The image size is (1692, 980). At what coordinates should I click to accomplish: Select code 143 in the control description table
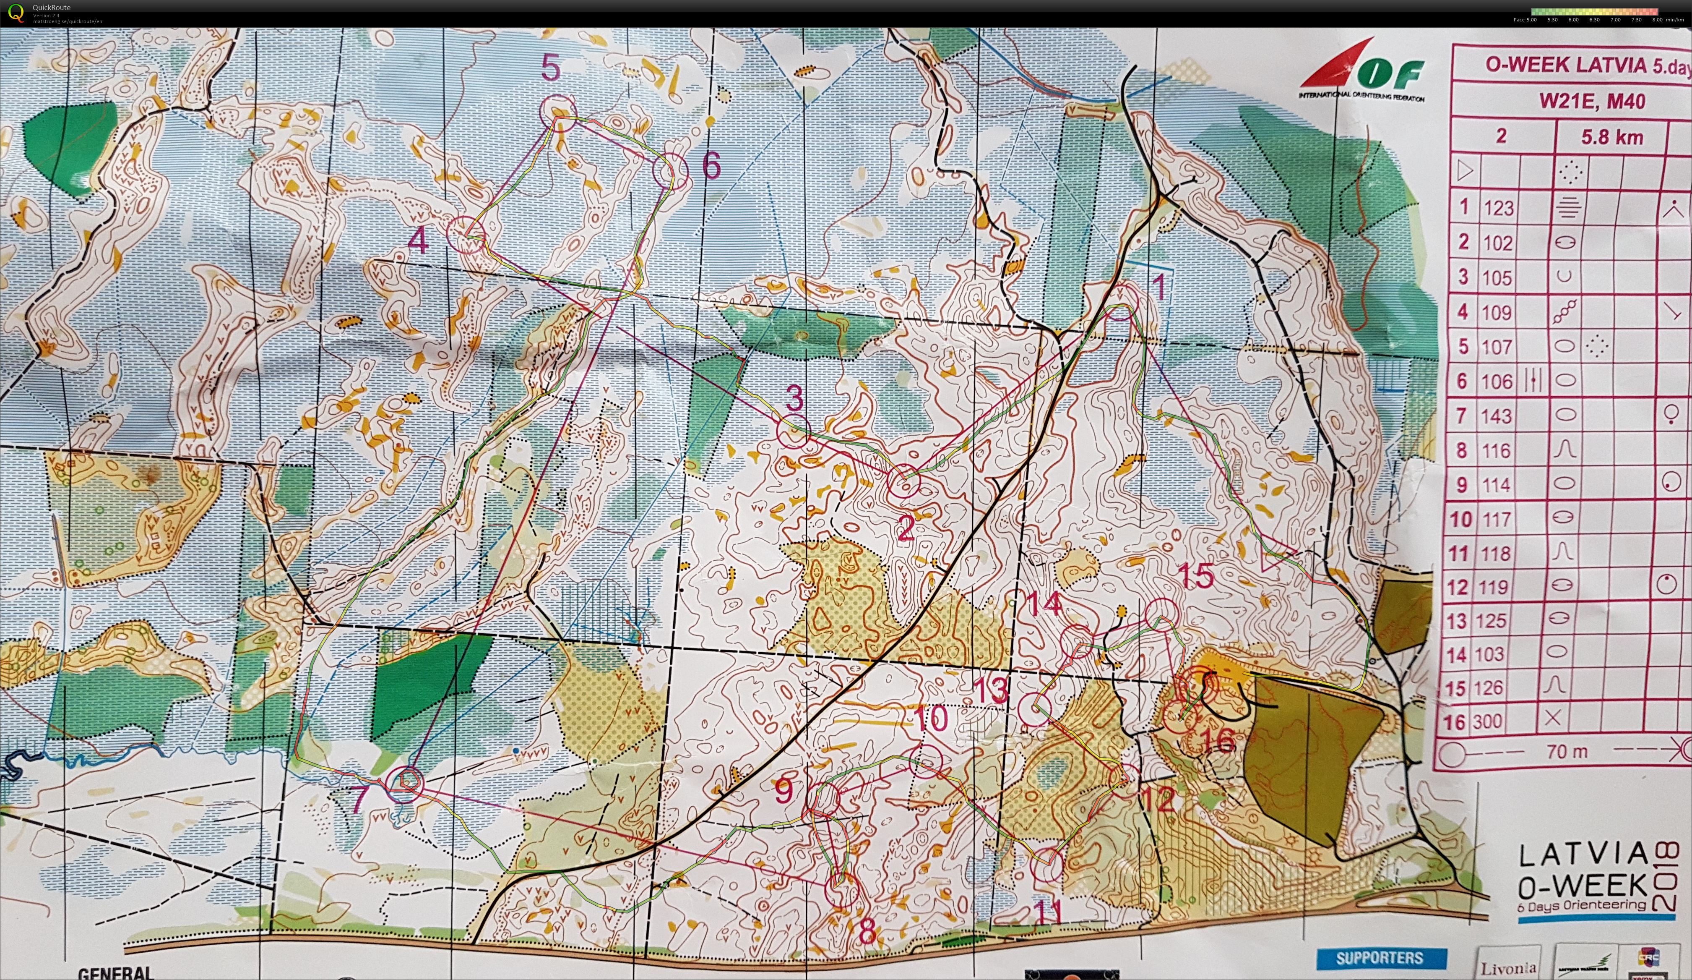click(1496, 416)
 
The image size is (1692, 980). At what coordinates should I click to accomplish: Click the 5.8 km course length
click(1611, 138)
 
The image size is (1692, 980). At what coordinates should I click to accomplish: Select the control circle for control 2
click(903, 481)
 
